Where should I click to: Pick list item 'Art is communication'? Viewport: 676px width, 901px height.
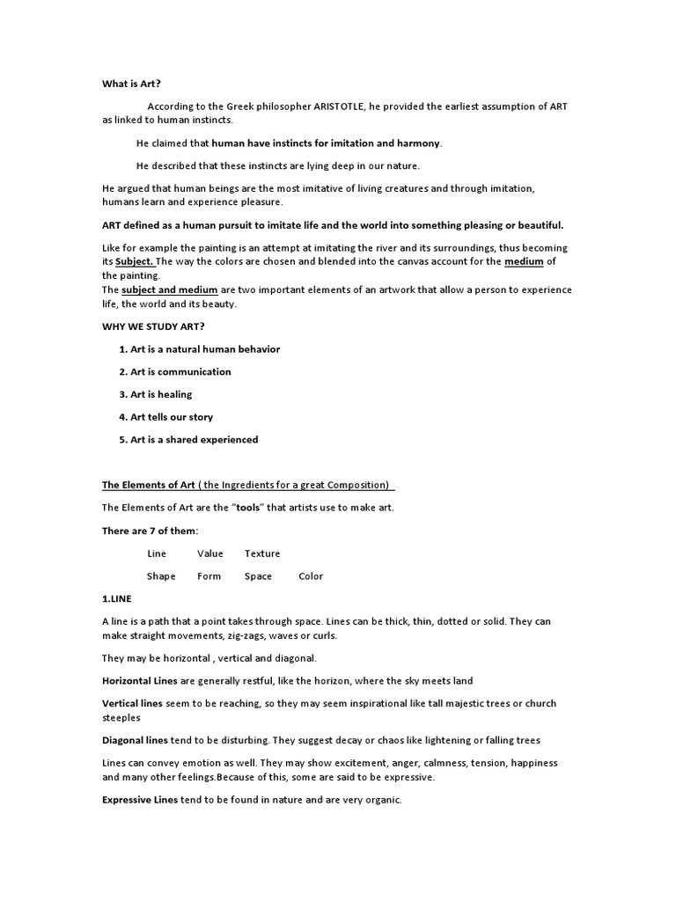180,371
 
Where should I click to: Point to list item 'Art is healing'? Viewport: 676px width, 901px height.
161,394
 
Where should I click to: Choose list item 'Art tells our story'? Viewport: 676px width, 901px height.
172,417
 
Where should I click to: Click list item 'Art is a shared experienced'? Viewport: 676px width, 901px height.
194,440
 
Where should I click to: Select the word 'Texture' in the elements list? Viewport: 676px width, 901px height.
262,553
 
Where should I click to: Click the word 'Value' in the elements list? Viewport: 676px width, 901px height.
210,553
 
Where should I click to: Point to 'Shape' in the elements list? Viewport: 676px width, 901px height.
161,576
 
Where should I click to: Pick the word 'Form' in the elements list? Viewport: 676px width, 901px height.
209,576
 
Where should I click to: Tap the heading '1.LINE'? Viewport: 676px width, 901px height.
117,598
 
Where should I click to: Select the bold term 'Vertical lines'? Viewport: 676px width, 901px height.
132,704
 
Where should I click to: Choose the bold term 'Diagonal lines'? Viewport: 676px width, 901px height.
135,740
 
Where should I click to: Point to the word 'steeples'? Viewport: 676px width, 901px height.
122,717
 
